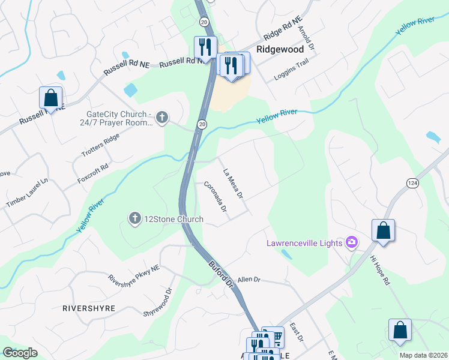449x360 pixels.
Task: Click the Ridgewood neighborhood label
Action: click(x=277, y=50)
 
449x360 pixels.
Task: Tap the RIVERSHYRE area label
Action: click(x=88, y=308)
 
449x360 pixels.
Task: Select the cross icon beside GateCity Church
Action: click(x=161, y=118)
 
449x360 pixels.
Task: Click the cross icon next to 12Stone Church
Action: click(x=136, y=219)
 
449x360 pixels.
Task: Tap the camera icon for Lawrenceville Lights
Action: click(x=352, y=242)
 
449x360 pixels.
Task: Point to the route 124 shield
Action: click(x=411, y=183)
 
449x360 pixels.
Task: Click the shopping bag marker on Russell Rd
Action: click(x=51, y=98)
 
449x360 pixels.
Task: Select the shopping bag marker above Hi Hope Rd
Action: click(x=383, y=231)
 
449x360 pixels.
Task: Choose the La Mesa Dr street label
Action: click(x=232, y=184)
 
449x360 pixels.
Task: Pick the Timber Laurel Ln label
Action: click(x=26, y=193)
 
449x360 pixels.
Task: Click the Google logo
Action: click(x=20, y=353)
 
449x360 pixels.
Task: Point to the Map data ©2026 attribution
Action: click(x=424, y=355)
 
